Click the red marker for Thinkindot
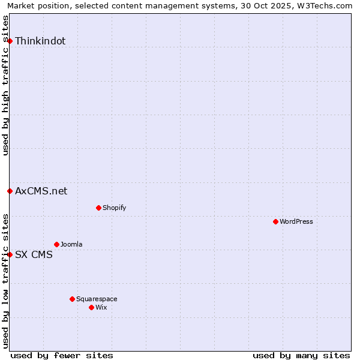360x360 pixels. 10,41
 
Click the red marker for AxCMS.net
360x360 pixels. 10,191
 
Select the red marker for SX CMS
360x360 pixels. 10,254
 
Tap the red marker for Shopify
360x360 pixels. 98,208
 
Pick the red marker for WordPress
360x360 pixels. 275,221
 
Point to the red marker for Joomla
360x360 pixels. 56,244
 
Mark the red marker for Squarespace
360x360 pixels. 72,299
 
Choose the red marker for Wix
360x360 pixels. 91,307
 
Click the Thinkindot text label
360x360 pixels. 40,41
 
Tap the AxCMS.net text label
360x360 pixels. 41,191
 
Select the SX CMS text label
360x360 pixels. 34,254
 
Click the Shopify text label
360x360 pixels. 115,208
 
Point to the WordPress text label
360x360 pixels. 296,221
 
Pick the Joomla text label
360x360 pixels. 71,244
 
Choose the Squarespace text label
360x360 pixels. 97,299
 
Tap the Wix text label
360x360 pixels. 101,307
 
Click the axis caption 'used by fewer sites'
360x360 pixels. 62,355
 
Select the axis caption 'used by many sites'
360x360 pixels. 301,355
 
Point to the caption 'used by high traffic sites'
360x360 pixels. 5,85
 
